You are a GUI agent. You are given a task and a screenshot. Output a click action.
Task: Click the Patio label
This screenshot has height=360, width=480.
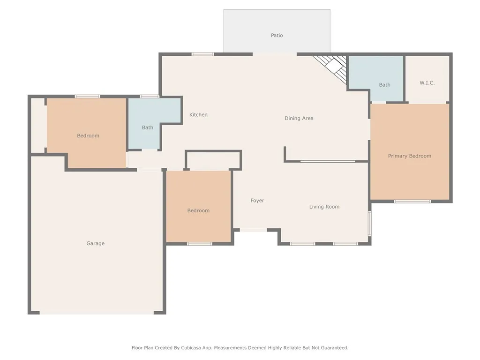click(277, 36)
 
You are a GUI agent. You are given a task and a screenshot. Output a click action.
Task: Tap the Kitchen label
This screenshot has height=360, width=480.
click(198, 115)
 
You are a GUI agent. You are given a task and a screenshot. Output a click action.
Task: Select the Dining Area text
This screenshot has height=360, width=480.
click(299, 119)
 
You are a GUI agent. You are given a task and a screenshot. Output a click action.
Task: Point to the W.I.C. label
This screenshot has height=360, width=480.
click(427, 83)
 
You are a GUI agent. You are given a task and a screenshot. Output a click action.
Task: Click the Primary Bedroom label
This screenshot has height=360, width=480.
click(410, 156)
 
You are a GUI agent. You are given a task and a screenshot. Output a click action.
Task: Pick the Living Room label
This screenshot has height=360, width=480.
click(324, 207)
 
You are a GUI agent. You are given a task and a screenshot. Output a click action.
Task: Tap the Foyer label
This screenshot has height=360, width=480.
click(257, 201)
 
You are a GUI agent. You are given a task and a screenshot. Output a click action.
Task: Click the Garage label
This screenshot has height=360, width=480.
click(96, 244)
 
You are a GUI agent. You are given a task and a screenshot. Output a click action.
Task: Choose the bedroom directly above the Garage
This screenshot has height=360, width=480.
click(87, 133)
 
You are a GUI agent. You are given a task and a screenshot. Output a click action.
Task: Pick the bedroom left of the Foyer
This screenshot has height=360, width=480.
click(198, 207)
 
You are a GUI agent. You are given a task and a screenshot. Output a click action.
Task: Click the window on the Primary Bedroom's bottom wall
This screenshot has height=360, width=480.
click(412, 202)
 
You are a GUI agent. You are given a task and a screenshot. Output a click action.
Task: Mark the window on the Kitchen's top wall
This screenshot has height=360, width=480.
click(202, 54)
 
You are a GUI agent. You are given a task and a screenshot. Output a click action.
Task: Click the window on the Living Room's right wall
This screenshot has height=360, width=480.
click(370, 224)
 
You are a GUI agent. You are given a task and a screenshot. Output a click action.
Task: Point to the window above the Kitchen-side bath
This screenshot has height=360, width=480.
click(150, 97)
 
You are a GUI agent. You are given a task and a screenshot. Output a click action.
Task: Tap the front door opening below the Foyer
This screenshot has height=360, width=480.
click(253, 230)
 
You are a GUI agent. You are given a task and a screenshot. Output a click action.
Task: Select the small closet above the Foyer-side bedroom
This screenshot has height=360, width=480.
click(213, 160)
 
